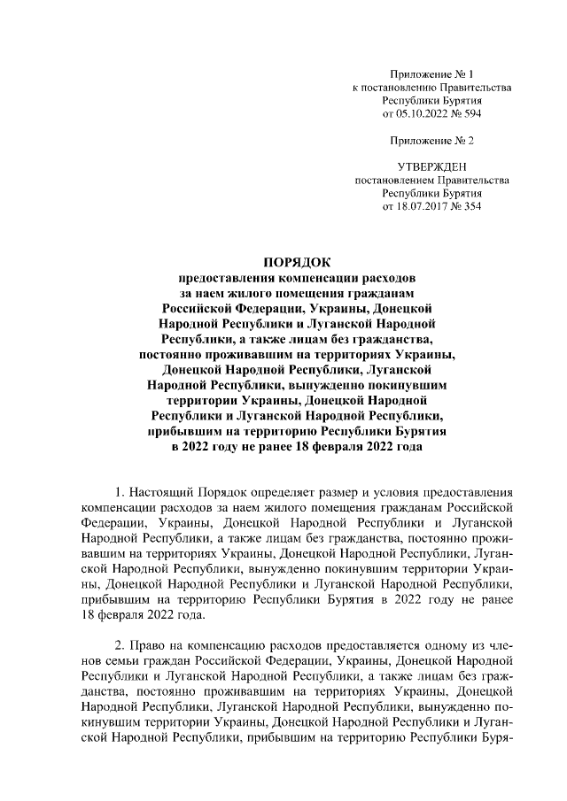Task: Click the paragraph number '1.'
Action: (121, 491)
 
